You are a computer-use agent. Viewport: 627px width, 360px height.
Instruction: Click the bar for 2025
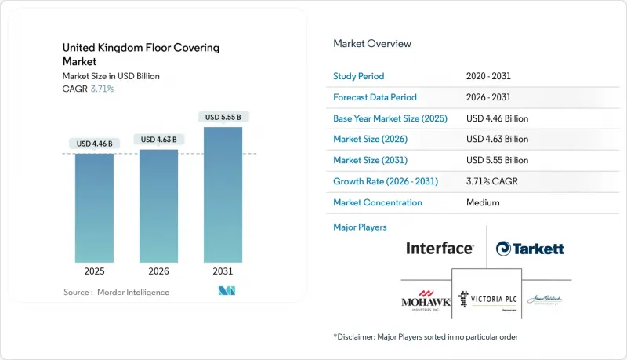(94, 208)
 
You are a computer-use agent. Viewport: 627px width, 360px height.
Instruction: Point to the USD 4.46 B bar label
(94, 144)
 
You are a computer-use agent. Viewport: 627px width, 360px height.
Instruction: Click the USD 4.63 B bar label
(158, 140)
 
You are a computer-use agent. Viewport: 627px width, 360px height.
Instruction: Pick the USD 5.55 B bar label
(223, 118)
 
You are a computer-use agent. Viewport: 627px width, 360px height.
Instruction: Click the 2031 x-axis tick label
(223, 271)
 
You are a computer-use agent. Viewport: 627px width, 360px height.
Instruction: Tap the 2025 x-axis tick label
(94, 271)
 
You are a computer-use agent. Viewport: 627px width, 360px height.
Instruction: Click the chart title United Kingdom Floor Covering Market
(141, 54)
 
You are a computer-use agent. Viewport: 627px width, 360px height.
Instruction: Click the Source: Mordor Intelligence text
(116, 292)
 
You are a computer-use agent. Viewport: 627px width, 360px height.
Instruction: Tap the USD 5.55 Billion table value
(497, 161)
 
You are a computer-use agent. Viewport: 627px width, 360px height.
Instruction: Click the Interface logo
(440, 249)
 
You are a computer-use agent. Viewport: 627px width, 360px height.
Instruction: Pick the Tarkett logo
(530, 249)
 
